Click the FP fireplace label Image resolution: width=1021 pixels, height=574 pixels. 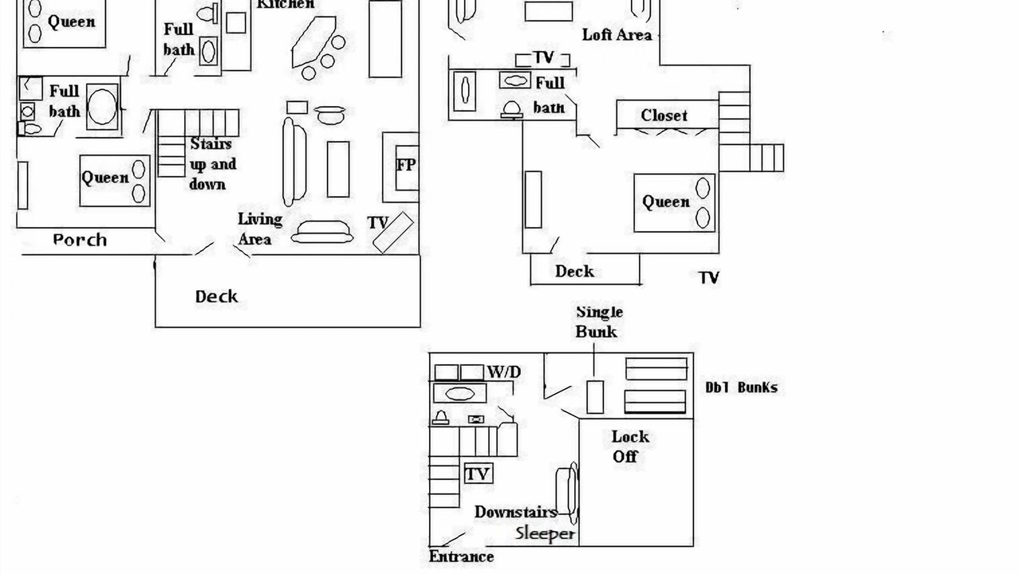(406, 166)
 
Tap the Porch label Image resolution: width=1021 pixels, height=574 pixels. (80, 240)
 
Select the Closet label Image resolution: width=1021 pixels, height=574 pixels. (664, 116)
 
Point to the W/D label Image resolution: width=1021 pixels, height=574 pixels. (503, 372)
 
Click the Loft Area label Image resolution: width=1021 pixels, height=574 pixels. (617, 34)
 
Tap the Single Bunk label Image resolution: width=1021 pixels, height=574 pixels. (599, 321)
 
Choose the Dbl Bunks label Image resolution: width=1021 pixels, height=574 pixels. (741, 387)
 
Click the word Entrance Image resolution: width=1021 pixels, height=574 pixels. (461, 556)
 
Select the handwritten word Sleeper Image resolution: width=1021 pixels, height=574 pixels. (545, 533)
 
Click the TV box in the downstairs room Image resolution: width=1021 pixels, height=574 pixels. (478, 474)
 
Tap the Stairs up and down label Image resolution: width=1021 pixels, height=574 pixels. (212, 163)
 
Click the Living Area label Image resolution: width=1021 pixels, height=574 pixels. (259, 229)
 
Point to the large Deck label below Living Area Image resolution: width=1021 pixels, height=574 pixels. (216, 297)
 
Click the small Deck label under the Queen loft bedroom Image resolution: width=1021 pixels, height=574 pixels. (574, 271)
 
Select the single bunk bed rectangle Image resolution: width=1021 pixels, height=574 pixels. (595, 396)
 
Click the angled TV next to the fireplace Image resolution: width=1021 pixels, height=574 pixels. (393, 232)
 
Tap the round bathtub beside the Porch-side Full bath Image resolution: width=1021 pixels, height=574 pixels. (102, 106)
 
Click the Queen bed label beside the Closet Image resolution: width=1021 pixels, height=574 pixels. (666, 202)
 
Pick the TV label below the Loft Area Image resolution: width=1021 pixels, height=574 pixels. (543, 58)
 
